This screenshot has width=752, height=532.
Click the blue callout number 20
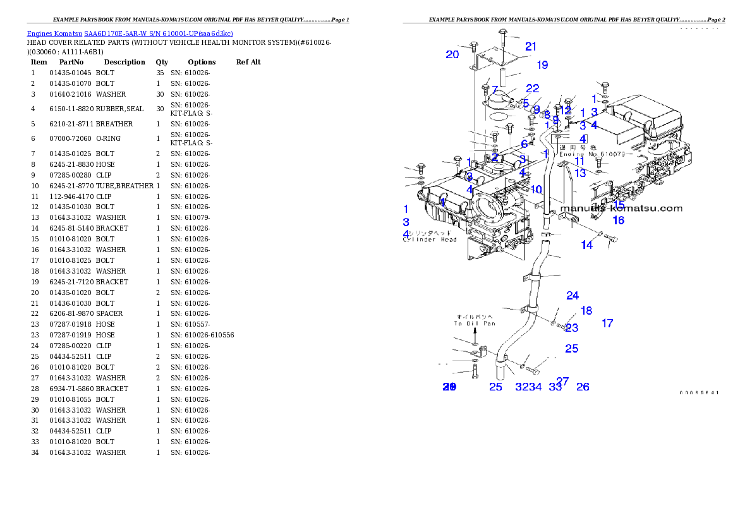(452, 54)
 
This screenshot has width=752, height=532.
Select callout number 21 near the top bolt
(531, 46)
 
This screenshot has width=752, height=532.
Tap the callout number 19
(542, 64)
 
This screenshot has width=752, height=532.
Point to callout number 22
(533, 88)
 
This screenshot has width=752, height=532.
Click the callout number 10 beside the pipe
(536, 189)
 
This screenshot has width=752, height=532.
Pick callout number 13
(579, 172)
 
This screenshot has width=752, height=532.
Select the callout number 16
(618, 220)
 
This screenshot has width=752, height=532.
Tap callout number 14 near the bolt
(587, 245)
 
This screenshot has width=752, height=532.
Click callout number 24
(573, 295)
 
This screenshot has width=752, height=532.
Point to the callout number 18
(586, 310)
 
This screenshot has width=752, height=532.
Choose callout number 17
(607, 323)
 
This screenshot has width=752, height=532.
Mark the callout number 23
(572, 327)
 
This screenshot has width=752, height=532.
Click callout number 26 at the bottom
(583, 386)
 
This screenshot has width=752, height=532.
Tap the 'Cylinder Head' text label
(430, 239)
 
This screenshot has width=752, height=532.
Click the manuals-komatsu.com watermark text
(621, 209)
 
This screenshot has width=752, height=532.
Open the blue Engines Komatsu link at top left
(130, 33)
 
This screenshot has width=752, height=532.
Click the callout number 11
(579, 161)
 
